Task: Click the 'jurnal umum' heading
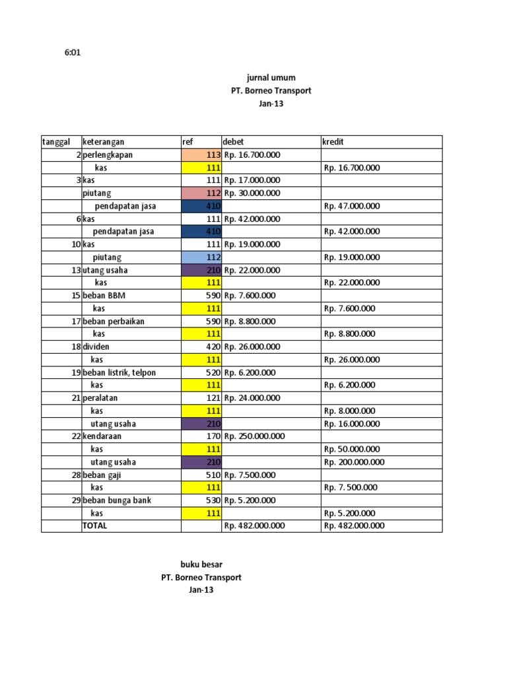(x=271, y=78)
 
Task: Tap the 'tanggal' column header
(x=56, y=142)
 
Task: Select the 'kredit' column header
(x=333, y=142)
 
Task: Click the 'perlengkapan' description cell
(x=108, y=155)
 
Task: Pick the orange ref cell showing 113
(x=201, y=155)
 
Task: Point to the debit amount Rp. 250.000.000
(x=254, y=436)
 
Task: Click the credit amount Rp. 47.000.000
(x=352, y=206)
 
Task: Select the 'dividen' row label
(x=97, y=347)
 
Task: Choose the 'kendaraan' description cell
(x=104, y=436)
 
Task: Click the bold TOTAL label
(x=95, y=526)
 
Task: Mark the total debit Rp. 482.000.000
(x=254, y=526)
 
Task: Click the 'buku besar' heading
(x=201, y=564)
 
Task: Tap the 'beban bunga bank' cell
(x=117, y=500)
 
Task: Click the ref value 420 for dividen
(x=213, y=347)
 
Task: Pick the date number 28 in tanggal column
(x=76, y=475)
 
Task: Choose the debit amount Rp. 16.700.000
(x=252, y=155)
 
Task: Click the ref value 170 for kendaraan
(x=213, y=436)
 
